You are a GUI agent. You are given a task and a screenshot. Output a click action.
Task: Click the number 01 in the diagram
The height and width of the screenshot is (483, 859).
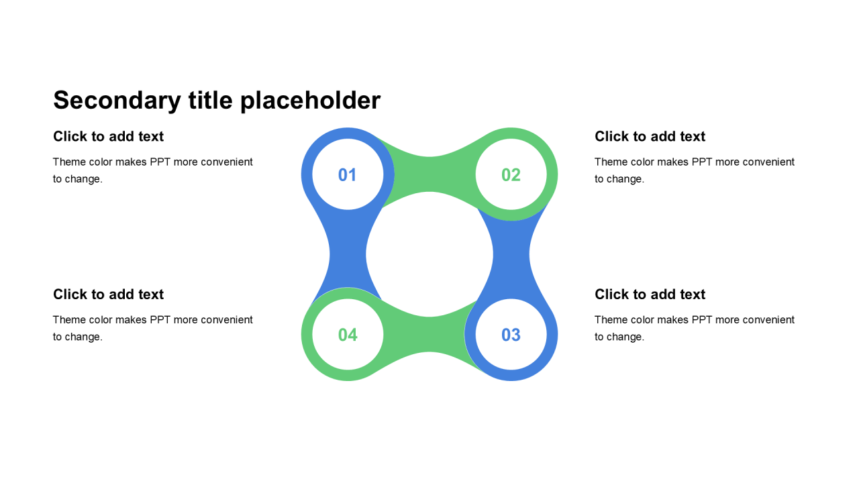347,175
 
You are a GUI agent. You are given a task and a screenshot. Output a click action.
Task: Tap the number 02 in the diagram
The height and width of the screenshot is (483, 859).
511,175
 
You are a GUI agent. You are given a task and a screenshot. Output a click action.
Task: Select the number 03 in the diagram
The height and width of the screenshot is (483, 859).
511,335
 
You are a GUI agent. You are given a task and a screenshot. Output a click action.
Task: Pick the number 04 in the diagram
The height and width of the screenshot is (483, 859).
348,335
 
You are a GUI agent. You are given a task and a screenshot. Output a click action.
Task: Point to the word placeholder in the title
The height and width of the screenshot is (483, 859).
310,101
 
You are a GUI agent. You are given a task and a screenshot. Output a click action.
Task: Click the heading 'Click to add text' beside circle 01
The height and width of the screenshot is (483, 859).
109,137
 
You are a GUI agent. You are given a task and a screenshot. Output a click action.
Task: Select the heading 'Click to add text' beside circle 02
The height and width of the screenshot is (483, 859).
650,137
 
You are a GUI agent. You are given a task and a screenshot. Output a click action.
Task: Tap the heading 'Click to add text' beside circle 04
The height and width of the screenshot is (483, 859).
109,294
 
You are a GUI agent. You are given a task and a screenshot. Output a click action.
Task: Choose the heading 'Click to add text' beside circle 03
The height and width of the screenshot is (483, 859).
650,294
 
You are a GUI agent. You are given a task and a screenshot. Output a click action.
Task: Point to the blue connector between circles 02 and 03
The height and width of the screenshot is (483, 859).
511,255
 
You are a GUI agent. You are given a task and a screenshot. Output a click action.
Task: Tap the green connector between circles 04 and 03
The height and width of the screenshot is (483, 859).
429,335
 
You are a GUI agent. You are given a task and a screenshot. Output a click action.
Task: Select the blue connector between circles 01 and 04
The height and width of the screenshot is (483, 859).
348,255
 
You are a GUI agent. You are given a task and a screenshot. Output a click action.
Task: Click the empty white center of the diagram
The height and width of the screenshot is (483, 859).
429,255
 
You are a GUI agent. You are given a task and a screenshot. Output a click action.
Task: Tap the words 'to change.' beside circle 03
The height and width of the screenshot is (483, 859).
619,337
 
